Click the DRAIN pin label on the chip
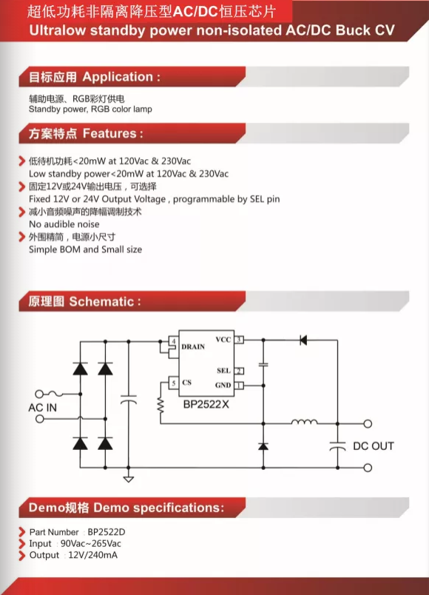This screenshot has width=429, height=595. click(193, 346)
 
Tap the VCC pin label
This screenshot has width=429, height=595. click(223, 340)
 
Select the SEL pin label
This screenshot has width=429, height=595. click(224, 371)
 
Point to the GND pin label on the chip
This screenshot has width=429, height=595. click(223, 385)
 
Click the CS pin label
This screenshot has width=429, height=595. click(186, 383)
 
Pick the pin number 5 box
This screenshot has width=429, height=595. click(173, 383)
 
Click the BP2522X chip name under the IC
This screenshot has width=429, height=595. click(206, 405)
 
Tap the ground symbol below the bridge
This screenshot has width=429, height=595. click(129, 480)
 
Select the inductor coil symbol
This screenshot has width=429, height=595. click(304, 422)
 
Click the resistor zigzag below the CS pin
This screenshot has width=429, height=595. click(161, 406)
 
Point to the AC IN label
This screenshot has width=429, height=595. click(42, 408)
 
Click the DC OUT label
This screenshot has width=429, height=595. click(374, 446)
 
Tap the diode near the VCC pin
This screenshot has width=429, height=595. click(303, 340)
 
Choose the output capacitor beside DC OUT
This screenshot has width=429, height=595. click(337, 446)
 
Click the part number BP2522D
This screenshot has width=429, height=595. click(107, 532)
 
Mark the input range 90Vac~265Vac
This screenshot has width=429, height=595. click(91, 544)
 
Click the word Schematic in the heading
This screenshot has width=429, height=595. click(101, 302)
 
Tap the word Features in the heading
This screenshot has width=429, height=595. click(109, 133)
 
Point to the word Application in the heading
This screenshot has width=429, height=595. click(118, 77)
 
